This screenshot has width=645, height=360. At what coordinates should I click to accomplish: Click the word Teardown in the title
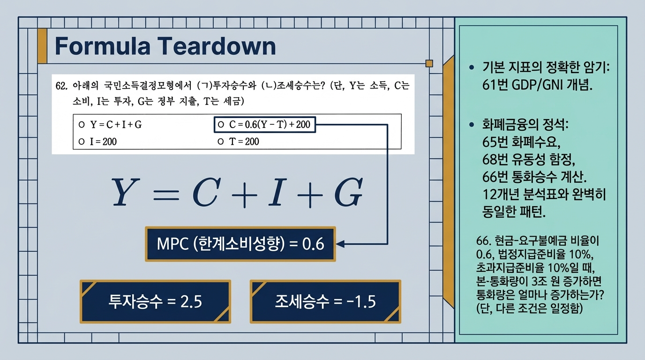click(x=217, y=46)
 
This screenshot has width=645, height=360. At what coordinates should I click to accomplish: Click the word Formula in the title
click(x=103, y=46)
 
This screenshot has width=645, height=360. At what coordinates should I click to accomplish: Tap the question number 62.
click(x=61, y=86)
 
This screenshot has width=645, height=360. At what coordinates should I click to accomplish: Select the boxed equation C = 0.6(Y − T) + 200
click(x=265, y=124)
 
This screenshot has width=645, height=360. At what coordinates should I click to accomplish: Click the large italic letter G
click(x=349, y=192)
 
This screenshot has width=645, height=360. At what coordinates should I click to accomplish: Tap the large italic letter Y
click(x=126, y=192)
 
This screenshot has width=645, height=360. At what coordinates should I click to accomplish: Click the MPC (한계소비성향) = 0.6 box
click(x=240, y=244)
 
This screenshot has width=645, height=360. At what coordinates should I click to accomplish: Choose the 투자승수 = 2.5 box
click(x=155, y=301)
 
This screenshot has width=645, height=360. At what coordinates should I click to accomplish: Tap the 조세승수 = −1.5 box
click(x=325, y=301)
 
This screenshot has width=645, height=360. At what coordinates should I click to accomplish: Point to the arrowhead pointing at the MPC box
click(x=340, y=244)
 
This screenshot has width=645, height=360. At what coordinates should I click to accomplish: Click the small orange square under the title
click(x=429, y=63)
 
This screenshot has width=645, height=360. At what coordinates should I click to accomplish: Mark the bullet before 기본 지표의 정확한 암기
click(x=472, y=67)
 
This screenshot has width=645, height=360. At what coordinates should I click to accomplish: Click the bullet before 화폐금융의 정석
click(x=472, y=124)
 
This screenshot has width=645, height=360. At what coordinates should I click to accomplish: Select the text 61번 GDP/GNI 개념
click(x=537, y=85)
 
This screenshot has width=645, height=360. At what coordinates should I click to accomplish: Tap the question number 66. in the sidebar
click(x=483, y=241)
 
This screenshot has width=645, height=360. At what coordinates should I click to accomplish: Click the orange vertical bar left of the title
click(x=42, y=46)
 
